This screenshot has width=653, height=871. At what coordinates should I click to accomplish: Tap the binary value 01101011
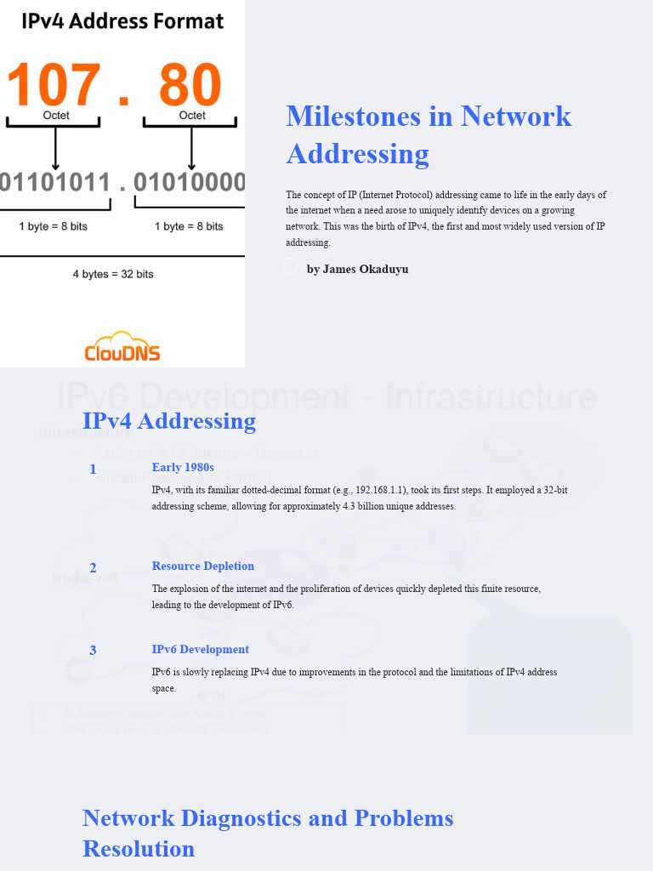[55, 182]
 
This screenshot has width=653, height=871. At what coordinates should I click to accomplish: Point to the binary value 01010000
[190, 182]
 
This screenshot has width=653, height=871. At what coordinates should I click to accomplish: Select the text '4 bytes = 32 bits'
[113, 274]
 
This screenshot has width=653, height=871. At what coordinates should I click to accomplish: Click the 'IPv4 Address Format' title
[122, 21]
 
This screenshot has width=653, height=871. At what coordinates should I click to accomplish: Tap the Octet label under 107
[56, 116]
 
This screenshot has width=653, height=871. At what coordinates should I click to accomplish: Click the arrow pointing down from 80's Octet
[191, 149]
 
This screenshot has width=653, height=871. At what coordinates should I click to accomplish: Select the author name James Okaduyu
[357, 269]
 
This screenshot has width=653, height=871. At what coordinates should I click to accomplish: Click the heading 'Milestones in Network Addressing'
[429, 134]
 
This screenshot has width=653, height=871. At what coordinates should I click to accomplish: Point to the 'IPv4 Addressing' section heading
[169, 421]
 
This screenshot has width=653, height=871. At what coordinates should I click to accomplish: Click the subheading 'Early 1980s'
[183, 467]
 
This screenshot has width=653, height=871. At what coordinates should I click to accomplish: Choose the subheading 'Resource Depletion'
[203, 566]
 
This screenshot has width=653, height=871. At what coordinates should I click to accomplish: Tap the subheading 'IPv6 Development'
[201, 649]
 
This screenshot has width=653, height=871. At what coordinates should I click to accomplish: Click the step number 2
[93, 568]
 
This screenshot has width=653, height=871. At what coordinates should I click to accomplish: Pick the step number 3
[93, 651]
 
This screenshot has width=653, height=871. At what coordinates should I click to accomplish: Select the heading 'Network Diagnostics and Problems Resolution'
[268, 833]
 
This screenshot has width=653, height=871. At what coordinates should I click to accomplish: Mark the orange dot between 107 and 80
[125, 101]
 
